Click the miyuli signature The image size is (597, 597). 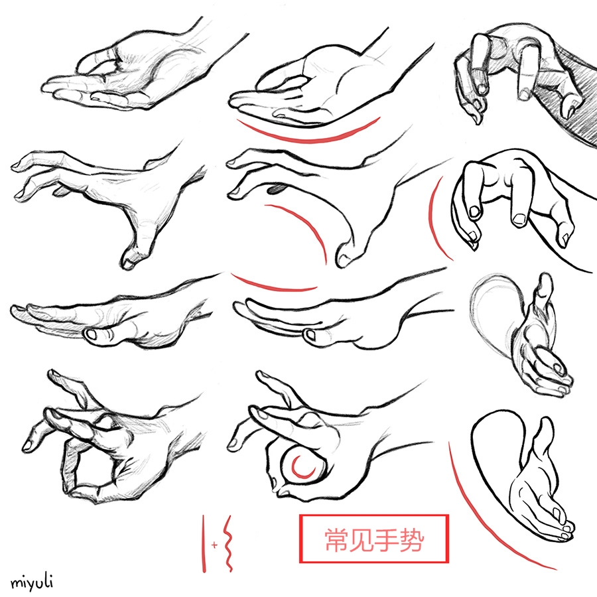click(x=32, y=582)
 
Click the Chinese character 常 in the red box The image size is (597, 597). click(x=337, y=540)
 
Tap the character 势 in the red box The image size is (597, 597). click(x=411, y=540)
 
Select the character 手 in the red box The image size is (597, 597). click(x=387, y=540)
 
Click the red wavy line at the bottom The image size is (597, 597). click(x=228, y=544)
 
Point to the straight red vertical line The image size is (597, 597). click(x=204, y=544)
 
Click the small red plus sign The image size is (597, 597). click(x=215, y=545)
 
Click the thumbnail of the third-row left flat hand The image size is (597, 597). click(x=92, y=335)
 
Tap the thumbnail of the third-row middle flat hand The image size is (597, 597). click(x=310, y=336)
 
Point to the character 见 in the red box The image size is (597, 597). click(x=362, y=540)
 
